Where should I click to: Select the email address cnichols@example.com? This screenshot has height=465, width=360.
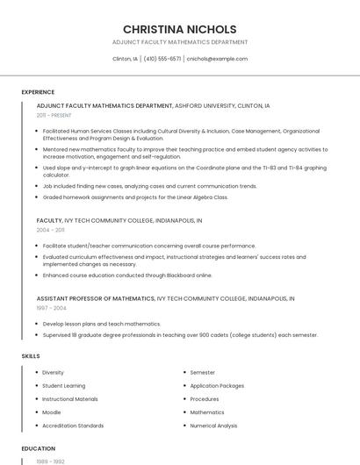(217, 59)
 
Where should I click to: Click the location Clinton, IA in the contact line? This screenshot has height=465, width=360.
(126, 59)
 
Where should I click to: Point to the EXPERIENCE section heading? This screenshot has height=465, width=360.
(38, 92)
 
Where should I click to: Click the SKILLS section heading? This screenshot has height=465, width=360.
(31, 356)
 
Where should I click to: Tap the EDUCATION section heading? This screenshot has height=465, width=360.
(39, 448)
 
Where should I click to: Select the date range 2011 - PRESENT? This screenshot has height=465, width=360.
(54, 115)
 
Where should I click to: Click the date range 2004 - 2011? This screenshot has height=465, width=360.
(51, 230)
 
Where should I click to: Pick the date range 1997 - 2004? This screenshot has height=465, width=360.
(51, 308)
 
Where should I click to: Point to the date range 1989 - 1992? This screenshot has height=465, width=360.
(50, 461)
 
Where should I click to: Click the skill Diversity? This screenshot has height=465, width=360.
(53, 373)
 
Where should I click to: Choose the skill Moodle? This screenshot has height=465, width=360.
(52, 412)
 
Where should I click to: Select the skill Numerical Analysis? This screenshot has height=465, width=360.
(213, 426)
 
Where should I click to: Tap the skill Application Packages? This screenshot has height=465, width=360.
(217, 386)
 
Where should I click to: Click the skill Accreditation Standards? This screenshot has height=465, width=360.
(73, 426)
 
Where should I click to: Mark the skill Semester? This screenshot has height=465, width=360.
(203, 373)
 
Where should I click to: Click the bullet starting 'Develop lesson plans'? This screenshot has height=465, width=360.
(101, 324)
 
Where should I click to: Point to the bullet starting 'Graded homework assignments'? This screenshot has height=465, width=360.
(134, 197)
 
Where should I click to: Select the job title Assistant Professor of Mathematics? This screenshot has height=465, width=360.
(96, 298)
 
